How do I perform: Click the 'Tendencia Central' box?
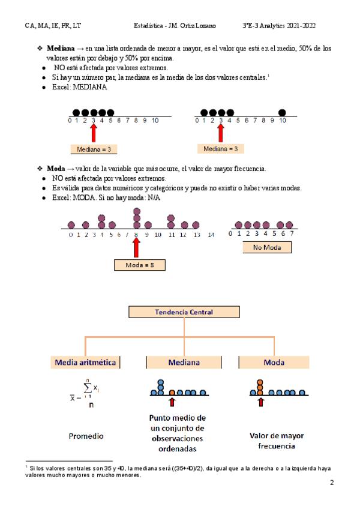click(x=184, y=312)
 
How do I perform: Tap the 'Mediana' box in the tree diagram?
click(x=184, y=363)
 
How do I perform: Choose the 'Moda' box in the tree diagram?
click(x=274, y=363)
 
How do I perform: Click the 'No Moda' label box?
click(x=267, y=247)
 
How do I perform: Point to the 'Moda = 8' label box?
click(x=139, y=265)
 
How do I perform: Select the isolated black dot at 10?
click(x=282, y=112)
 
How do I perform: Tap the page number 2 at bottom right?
click(x=332, y=483)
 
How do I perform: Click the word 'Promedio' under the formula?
click(x=85, y=436)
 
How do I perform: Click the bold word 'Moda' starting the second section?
click(x=55, y=169)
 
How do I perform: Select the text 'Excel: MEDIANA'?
click(x=79, y=87)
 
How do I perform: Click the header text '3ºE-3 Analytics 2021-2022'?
click(x=279, y=26)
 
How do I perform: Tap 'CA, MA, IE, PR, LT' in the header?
click(x=53, y=26)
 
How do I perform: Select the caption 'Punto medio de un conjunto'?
click(x=177, y=423)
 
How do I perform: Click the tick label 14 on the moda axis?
click(x=210, y=235)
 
